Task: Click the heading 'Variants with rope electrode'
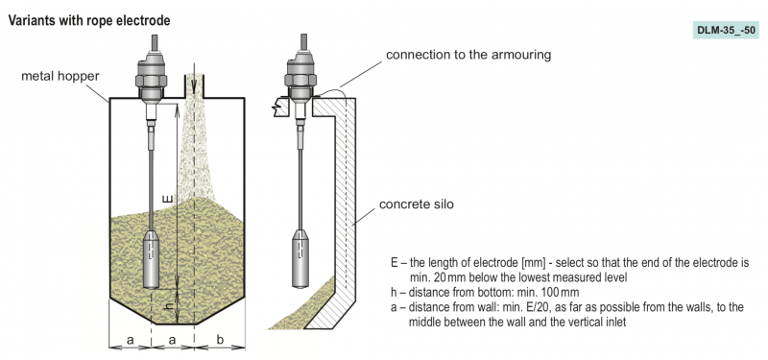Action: (x=89, y=21)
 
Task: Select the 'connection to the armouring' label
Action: (x=468, y=55)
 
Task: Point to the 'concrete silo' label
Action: (x=417, y=204)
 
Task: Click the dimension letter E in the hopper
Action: (x=168, y=199)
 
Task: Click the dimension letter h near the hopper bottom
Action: (x=169, y=304)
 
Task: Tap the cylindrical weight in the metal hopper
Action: (x=152, y=259)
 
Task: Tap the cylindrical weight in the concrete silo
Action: (x=300, y=257)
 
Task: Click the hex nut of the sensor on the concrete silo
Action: (x=301, y=80)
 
